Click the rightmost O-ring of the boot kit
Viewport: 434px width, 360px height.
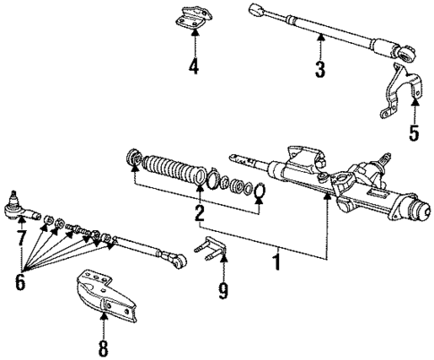pyautogui.click(x=258, y=191)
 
